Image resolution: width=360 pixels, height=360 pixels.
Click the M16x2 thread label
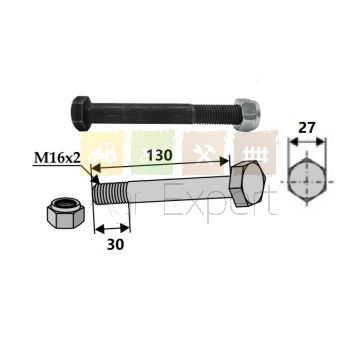pyautogui.click(x=57, y=158)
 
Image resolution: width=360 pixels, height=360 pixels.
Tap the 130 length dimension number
pyautogui.click(x=159, y=155)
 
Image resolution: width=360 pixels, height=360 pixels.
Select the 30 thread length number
pyautogui.click(x=115, y=245)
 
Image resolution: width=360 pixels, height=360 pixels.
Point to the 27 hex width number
pyautogui.click(x=307, y=128)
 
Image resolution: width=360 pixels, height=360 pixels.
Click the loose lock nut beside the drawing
pyautogui.click(x=65, y=213)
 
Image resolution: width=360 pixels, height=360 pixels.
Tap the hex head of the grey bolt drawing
pyautogui.click(x=248, y=184)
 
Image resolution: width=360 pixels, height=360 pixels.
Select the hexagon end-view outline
pyautogui.click(x=306, y=182)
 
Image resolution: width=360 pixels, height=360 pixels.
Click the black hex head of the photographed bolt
pyautogui.click(x=81, y=113)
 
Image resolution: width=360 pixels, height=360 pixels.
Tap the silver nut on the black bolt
pyautogui.click(x=246, y=114)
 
